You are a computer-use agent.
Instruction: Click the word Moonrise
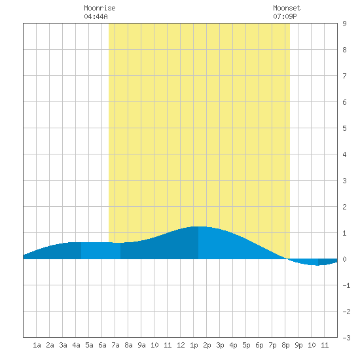(x=99, y=8)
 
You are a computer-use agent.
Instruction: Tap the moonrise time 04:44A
(x=96, y=16)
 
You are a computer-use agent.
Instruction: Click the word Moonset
(x=287, y=8)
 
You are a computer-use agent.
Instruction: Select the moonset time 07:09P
(x=285, y=16)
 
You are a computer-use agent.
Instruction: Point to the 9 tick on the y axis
(x=344, y=24)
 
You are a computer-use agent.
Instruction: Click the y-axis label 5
(x=344, y=128)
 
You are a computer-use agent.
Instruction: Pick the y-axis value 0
(x=344, y=259)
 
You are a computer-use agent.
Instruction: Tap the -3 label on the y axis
(x=346, y=338)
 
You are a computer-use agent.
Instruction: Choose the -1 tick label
(x=346, y=285)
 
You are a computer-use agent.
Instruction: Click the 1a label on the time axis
(x=37, y=345)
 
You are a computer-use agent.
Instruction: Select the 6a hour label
(x=102, y=345)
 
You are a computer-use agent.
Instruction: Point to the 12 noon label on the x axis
(x=181, y=345)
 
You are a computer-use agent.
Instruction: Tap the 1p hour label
(x=194, y=345)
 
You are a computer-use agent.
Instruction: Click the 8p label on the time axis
(x=285, y=345)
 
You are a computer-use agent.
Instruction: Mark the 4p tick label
(x=233, y=345)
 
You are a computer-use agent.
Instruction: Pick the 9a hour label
(x=141, y=345)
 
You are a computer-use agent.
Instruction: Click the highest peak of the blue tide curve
(x=199, y=226)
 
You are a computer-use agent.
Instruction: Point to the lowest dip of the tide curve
(x=317, y=265)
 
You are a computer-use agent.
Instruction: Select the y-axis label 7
(x=344, y=76)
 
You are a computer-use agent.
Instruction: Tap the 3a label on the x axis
(x=63, y=345)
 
